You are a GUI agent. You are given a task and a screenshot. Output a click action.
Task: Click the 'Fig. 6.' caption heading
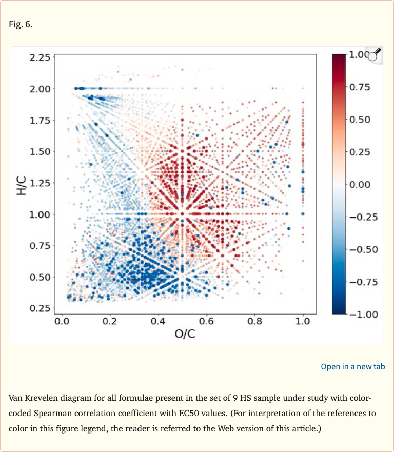(21, 24)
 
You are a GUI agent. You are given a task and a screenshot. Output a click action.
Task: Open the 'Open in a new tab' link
(352, 366)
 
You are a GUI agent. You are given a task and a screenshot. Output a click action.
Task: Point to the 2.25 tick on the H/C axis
(40, 57)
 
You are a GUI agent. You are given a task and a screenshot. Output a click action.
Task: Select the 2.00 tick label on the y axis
(40, 89)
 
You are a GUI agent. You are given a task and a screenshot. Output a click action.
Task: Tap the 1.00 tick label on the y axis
(40, 214)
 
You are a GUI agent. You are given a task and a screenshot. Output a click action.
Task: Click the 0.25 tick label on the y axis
(40, 308)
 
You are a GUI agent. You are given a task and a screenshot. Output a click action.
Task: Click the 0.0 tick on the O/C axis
(62, 322)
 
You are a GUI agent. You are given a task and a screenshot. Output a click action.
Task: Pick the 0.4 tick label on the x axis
(158, 322)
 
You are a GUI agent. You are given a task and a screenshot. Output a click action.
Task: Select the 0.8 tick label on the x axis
(254, 322)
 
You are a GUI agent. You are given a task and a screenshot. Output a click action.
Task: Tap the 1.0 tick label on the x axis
(303, 322)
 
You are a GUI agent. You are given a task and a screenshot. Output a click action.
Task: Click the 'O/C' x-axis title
(185, 334)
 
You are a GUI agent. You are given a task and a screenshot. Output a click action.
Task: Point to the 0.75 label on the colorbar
(361, 87)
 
